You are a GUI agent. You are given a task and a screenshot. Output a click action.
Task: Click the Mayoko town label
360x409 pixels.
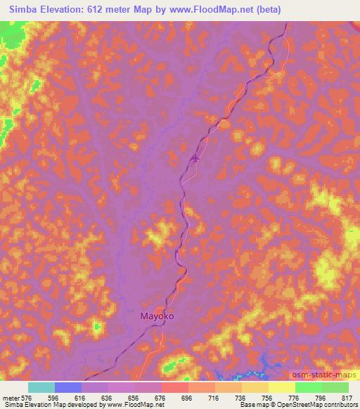coord(153,316)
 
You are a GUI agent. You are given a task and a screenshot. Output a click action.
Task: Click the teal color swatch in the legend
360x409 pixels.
coord(41,387)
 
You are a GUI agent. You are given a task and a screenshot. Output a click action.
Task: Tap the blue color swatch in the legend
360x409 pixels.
coord(68,387)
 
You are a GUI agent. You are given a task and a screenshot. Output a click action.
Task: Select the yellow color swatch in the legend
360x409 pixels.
coord(281,387)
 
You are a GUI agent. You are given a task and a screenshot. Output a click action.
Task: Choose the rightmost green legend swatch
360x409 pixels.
coord(335,387)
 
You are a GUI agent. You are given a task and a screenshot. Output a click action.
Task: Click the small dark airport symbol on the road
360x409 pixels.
coord(195,158)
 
